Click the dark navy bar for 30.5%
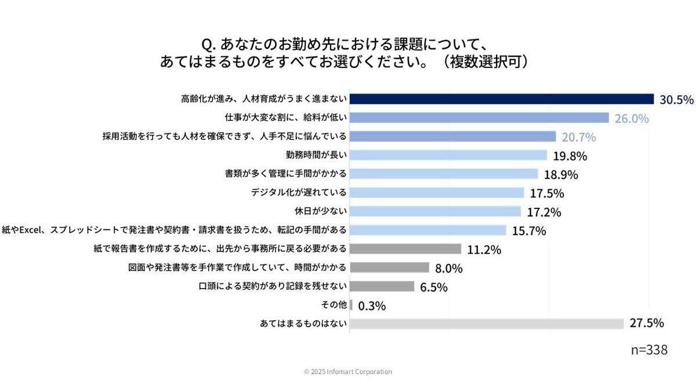[502, 99]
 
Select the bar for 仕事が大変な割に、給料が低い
[479, 118]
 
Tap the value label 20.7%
[578, 137]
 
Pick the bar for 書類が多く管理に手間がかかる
[444, 174]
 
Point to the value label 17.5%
[547, 193]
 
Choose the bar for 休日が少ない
[435, 211]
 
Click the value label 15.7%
[529, 231]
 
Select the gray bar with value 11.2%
[405, 249]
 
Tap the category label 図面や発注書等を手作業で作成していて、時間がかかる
[237, 268]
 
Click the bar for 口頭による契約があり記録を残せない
[382, 286]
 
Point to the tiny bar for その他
[351, 305]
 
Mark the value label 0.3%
[372, 305]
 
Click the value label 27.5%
[647, 323]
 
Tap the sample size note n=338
[649, 350]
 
